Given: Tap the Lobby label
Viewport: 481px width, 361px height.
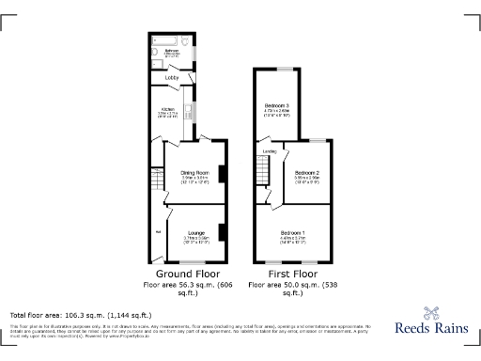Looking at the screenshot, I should click(172, 78).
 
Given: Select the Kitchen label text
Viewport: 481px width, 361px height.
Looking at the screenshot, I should click(168, 109).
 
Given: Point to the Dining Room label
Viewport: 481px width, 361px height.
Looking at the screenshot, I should click(194, 172).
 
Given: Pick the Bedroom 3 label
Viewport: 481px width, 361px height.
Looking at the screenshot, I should click(276, 104).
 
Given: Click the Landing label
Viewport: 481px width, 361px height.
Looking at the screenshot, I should click(269, 150).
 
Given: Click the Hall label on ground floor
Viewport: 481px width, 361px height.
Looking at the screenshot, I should click(158, 230).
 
